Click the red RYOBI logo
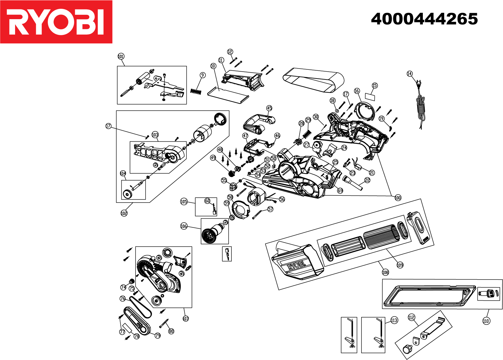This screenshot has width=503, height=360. coord(56,22)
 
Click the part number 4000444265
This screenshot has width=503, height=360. coord(424,19)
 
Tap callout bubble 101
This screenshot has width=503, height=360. coord(121,56)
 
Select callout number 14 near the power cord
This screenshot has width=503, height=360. coord(409,74)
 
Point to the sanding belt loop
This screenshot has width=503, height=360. coord(313,80)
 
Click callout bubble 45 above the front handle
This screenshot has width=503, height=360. coord(269,108)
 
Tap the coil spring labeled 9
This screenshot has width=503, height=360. coord(196,91)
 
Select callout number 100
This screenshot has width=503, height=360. coord(398,198)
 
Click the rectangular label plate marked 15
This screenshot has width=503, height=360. coord(370,96)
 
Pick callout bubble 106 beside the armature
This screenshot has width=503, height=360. coord(184,226)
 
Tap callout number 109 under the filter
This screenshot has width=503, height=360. coord(400,265)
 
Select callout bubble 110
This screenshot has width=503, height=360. coord(486,321)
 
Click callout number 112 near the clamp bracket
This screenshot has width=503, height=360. coord(411,317)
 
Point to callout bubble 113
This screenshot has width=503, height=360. coord(394,320)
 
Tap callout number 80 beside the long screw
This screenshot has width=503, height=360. coord(171,331)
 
